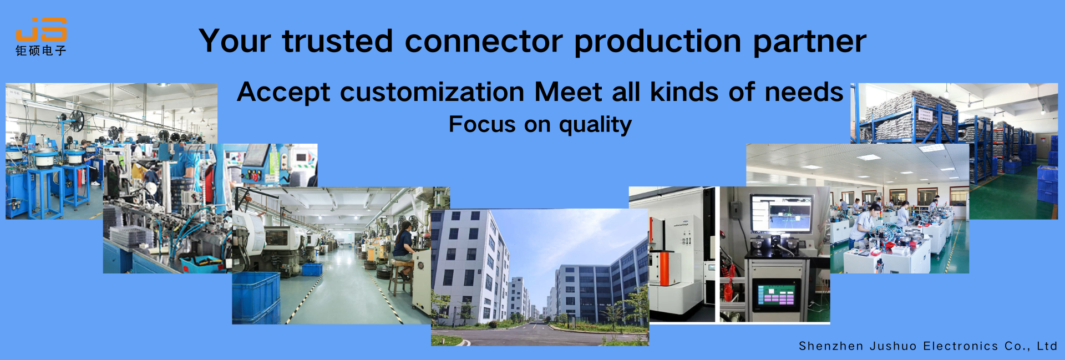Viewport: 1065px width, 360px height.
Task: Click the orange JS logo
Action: [41, 29]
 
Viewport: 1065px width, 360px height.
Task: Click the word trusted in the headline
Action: [337, 41]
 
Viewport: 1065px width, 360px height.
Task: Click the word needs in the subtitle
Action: [804, 92]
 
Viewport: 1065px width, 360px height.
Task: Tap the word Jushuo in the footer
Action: [893, 347]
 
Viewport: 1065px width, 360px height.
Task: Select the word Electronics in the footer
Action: [960, 346]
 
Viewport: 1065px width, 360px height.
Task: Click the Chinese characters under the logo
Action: [41, 50]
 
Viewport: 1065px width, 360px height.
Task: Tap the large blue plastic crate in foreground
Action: [256, 298]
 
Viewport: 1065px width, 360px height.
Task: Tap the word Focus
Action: [482, 124]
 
